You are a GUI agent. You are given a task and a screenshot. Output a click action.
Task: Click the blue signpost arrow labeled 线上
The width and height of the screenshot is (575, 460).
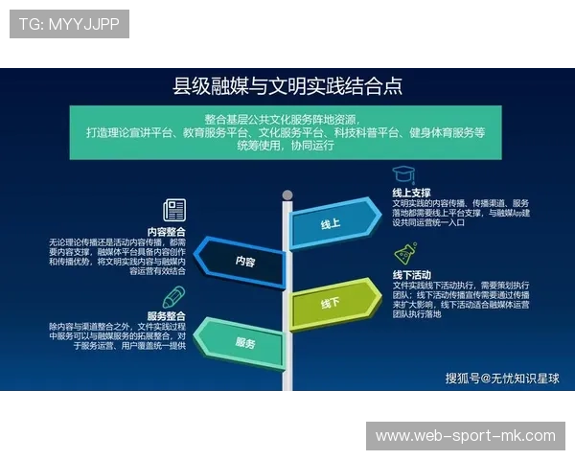[332, 224]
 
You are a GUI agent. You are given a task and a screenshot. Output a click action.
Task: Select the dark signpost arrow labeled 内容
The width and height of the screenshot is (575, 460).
[243, 261]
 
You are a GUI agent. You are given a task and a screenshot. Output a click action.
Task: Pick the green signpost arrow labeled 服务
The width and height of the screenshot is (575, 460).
[243, 342]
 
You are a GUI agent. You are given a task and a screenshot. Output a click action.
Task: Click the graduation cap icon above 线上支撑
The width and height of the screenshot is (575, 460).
[402, 174]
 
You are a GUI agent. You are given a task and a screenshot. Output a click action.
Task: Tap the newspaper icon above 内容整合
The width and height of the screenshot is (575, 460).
[174, 210]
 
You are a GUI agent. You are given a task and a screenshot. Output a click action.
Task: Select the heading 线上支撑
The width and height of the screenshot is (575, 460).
[412, 193]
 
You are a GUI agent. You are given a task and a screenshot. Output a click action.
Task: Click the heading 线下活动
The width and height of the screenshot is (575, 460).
[412, 274]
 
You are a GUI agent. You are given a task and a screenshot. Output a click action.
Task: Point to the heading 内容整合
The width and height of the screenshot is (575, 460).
[166, 231]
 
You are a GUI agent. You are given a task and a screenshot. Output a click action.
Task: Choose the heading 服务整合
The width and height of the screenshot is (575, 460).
[166, 316]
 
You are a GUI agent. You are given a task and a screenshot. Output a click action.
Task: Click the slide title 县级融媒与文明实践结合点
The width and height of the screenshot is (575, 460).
[287, 86]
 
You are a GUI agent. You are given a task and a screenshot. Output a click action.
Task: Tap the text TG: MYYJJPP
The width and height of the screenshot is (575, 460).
[69, 24]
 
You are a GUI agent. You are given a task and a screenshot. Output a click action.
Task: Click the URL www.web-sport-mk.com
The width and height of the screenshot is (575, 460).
[465, 436]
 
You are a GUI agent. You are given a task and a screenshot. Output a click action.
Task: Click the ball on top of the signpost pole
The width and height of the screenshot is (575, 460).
[287, 195]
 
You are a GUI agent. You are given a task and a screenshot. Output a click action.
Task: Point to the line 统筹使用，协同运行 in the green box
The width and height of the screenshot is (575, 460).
[286, 147]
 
